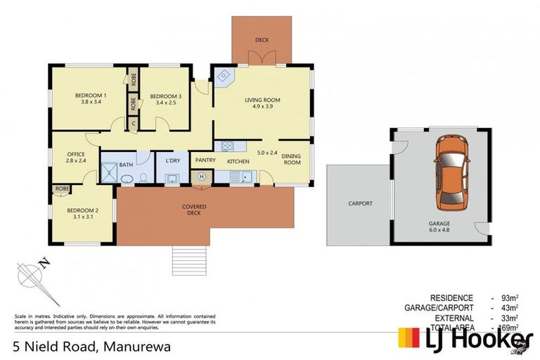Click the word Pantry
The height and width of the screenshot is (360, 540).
pos(205,160)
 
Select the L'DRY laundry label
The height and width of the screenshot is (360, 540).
pos(173,162)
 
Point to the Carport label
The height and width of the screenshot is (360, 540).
pos(360,204)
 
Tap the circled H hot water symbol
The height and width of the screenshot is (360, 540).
pos(202,176)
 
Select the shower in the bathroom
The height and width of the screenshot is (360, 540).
pos(109,173)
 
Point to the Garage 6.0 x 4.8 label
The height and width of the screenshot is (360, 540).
pos(440,226)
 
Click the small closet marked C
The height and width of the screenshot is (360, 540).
pos(133,124)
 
